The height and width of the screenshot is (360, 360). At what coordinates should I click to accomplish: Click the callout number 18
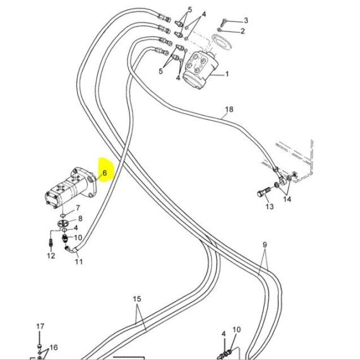(229, 109)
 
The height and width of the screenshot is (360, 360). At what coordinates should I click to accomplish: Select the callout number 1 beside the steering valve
(227, 74)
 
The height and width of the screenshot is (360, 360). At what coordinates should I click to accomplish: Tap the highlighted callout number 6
(105, 173)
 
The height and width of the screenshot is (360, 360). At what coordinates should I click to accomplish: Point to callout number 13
(270, 207)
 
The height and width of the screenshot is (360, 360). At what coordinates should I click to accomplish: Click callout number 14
(287, 199)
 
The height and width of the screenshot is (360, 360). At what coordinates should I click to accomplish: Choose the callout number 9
(265, 245)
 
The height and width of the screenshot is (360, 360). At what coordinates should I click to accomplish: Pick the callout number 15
(136, 299)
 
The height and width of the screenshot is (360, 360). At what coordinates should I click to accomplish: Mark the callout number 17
(40, 327)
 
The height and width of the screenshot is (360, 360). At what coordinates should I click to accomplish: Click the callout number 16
(54, 347)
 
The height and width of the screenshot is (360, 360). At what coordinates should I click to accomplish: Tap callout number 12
(51, 256)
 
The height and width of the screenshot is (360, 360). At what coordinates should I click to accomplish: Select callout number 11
(79, 261)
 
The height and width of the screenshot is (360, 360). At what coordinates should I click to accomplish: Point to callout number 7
(78, 208)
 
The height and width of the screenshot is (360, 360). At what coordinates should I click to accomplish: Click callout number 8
(80, 219)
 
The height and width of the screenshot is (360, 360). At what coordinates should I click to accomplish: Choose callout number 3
(246, 20)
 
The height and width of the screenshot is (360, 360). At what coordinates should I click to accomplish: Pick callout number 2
(243, 31)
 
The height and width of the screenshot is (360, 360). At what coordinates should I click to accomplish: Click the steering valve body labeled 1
(200, 69)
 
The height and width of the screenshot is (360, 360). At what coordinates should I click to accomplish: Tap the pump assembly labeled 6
(71, 187)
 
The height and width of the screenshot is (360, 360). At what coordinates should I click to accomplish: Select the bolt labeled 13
(264, 193)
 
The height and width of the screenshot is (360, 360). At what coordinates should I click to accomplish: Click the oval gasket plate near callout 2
(222, 42)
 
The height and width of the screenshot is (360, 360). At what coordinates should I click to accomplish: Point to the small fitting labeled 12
(51, 243)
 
